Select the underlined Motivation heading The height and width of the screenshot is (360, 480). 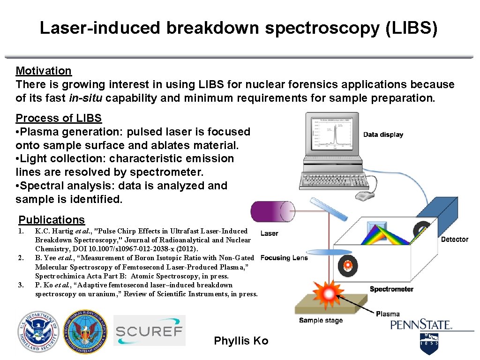click(44, 71)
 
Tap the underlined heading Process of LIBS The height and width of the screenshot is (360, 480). click(59, 118)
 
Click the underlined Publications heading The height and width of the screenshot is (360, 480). click(52, 220)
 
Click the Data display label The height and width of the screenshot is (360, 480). click(383, 135)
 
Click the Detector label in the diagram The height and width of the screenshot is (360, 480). click(454, 240)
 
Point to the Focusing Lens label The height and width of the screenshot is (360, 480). click(284, 258)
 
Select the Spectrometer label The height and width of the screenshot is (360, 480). click(391, 289)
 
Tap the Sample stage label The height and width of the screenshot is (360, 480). click(321, 321)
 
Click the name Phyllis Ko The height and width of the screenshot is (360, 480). click(241, 341)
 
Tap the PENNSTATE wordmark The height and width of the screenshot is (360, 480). click(420, 325)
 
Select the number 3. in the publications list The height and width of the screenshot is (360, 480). click(20, 285)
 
